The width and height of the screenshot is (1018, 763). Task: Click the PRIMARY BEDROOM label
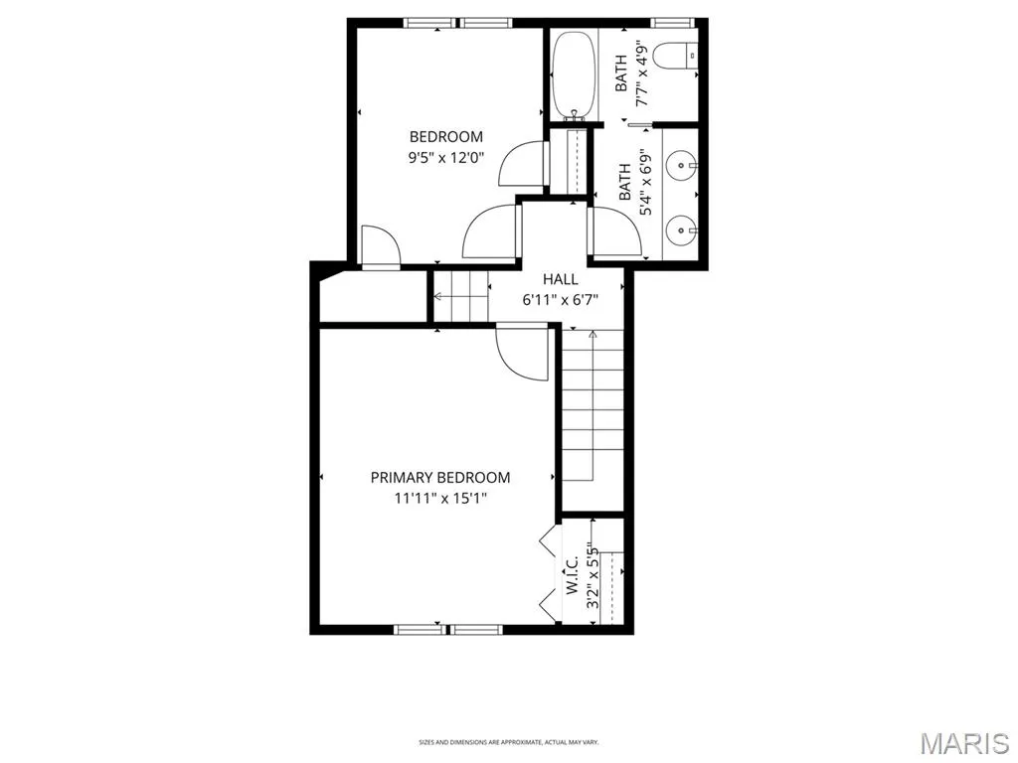click(440, 478)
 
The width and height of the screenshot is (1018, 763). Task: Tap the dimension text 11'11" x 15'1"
click(440, 499)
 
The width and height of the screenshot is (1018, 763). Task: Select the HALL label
click(561, 279)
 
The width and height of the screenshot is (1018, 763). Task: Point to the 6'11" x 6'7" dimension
click(561, 300)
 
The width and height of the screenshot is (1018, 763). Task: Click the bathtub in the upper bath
click(574, 75)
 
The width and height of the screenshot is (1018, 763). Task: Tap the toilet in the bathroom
click(675, 56)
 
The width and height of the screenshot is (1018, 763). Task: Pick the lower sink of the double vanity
click(682, 229)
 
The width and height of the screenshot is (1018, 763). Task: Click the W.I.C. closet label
click(573, 575)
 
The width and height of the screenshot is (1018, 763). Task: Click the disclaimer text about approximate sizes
click(508, 742)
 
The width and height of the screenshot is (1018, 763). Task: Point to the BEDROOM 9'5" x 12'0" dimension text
click(446, 158)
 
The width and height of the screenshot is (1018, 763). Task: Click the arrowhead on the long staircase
click(593, 335)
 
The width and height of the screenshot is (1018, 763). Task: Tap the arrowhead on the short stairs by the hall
click(438, 296)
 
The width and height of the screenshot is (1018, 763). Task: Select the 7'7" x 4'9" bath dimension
click(642, 74)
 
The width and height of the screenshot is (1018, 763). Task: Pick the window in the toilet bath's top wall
click(673, 23)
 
